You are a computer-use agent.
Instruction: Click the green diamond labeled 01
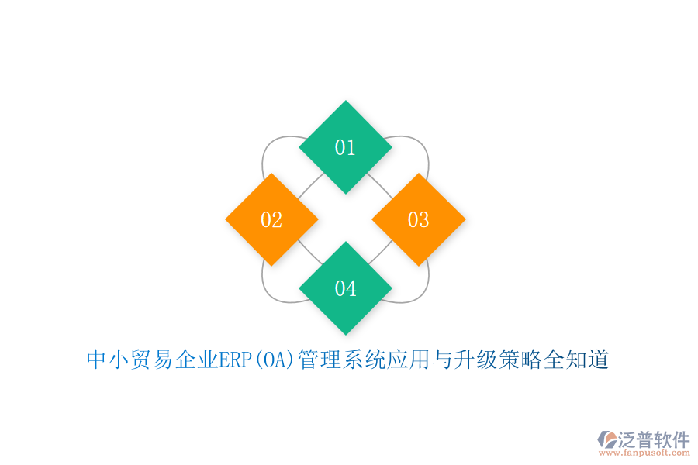pyautogui.click(x=345, y=147)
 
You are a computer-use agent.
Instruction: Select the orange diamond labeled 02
pyautogui.click(x=271, y=220)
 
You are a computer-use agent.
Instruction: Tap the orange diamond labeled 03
pyautogui.click(x=419, y=220)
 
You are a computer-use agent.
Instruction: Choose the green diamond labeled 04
pyautogui.click(x=345, y=288)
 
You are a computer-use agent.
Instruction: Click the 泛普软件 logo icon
pyautogui.click(x=607, y=440)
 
